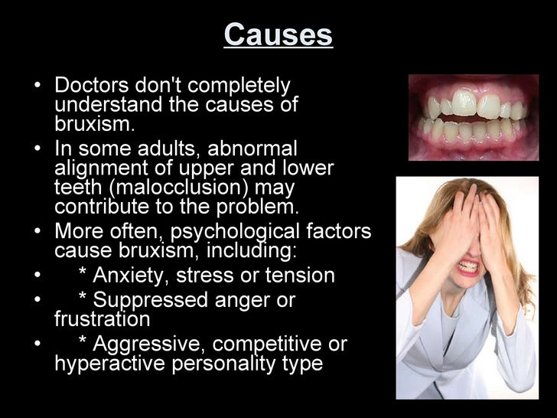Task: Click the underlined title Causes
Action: point(278,34)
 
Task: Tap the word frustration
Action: point(103,318)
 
